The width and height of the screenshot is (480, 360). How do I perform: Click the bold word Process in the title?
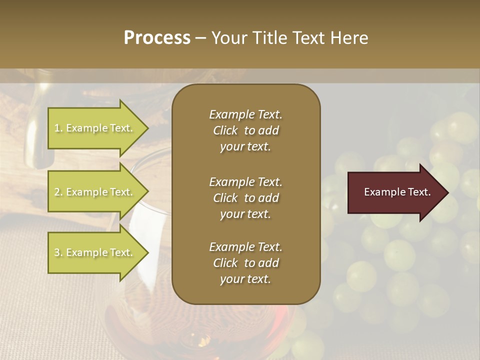click(157, 38)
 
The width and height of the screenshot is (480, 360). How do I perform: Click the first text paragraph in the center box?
click(245, 130)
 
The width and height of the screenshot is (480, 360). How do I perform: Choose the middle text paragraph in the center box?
click(245, 198)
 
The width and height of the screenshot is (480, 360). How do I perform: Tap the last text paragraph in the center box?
click(245, 263)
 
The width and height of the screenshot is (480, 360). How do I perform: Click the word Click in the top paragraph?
click(225, 130)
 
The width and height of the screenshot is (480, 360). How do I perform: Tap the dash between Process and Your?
click(200, 38)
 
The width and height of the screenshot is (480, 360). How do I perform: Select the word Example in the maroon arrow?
click(383, 192)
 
